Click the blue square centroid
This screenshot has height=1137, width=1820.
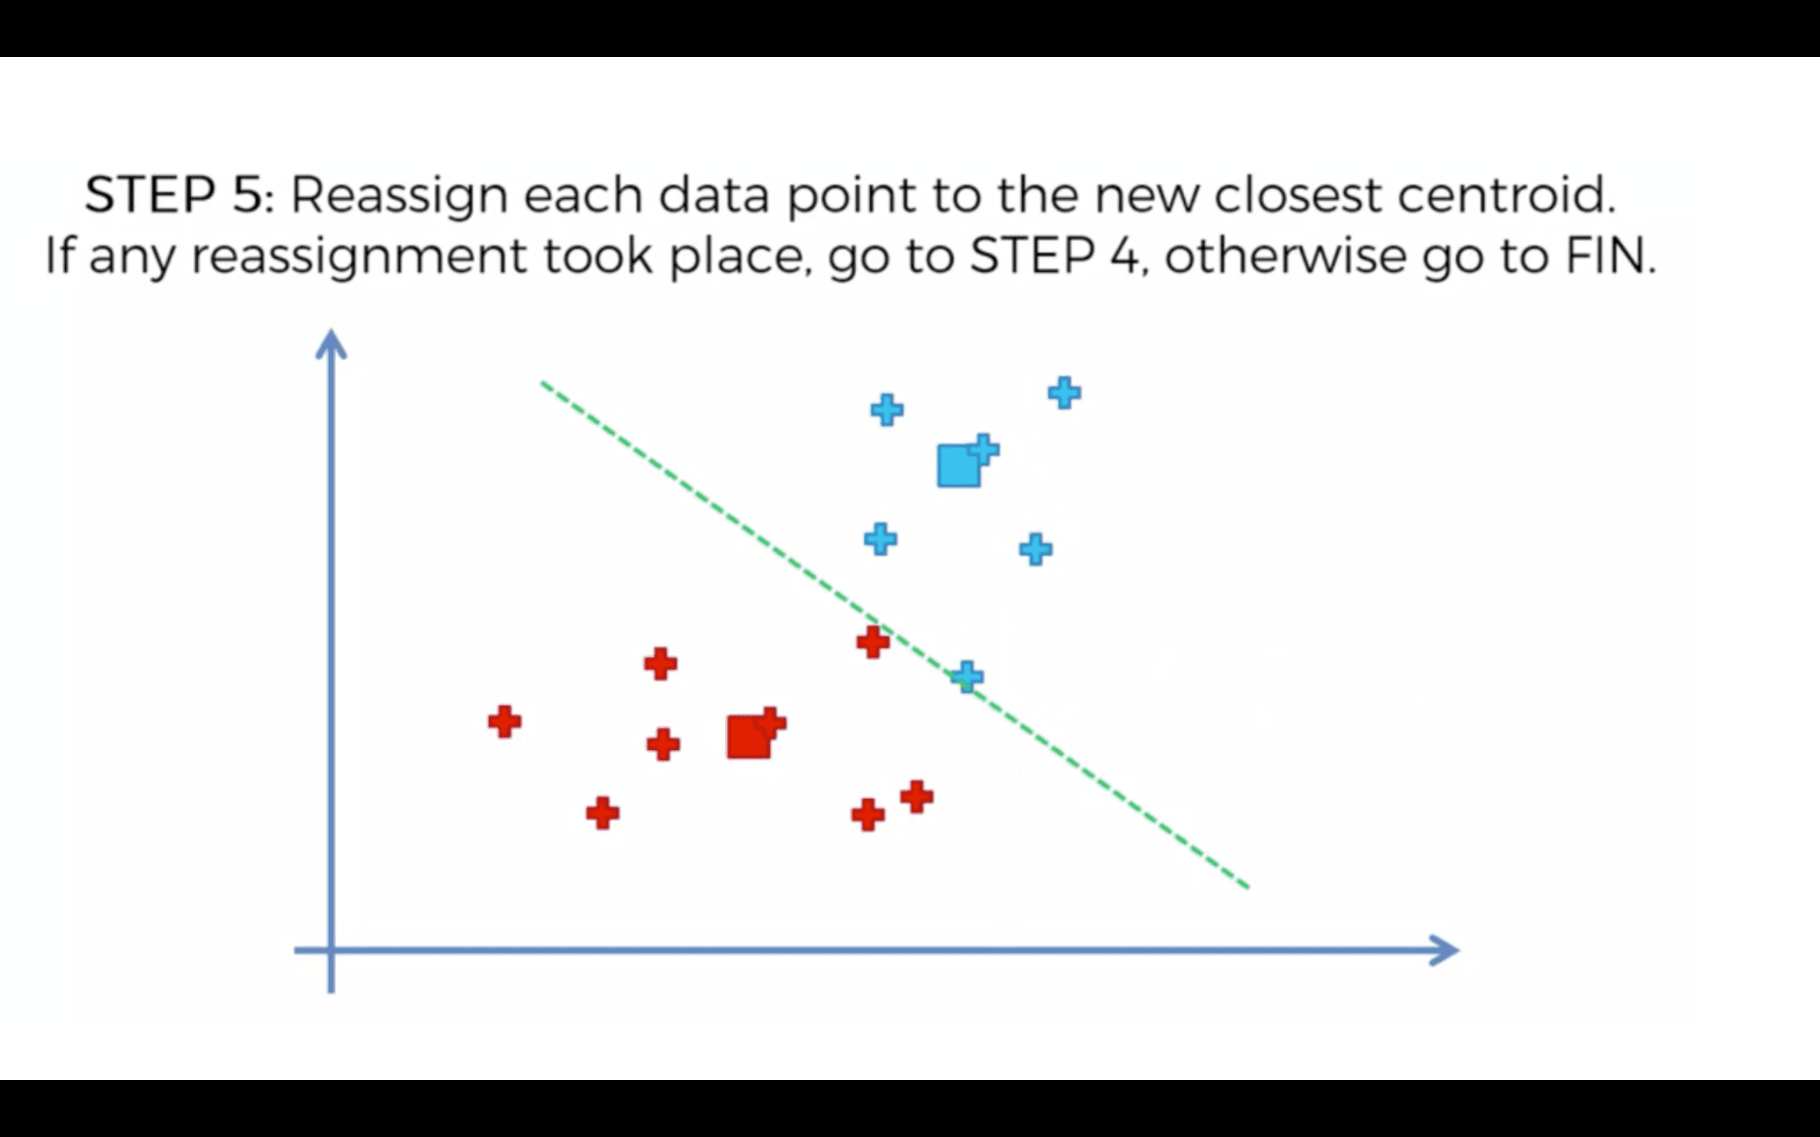pos(957,466)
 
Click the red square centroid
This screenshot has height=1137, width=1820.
pos(748,737)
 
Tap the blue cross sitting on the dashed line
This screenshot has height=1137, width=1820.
pos(967,677)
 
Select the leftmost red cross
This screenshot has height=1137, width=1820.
pos(504,722)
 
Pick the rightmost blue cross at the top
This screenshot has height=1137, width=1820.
pos(1064,392)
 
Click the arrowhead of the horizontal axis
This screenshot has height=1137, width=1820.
pos(1444,951)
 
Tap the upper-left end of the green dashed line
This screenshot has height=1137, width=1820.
pos(543,384)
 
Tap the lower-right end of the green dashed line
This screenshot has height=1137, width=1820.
pos(1247,887)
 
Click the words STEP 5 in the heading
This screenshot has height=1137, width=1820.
pos(174,196)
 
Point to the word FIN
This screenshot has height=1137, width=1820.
pos(1610,256)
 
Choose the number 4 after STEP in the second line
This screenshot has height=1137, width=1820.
pos(1126,256)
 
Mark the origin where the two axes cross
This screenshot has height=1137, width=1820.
pos(331,951)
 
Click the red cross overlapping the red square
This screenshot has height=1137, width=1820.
pos(772,723)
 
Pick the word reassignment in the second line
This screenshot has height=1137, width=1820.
pos(360,257)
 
